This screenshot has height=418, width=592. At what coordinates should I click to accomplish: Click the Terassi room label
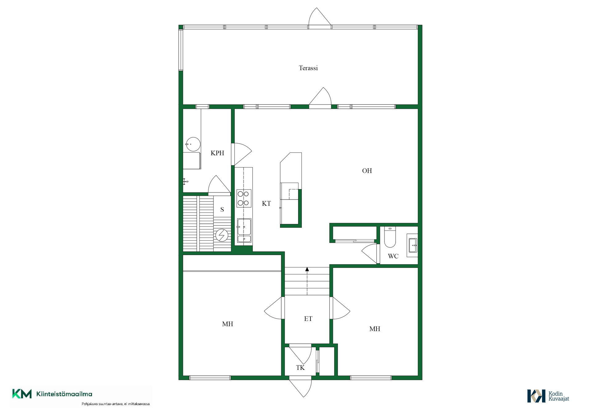(x=308, y=68)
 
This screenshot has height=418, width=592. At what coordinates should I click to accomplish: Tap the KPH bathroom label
(x=217, y=153)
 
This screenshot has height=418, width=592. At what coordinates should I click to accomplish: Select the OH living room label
(x=367, y=171)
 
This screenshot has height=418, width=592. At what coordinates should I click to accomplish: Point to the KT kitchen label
(x=266, y=203)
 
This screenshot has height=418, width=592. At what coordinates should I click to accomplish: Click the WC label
(x=393, y=256)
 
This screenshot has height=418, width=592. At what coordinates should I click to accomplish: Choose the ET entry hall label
(x=308, y=319)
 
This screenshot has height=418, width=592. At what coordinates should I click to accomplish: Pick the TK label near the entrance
(x=300, y=367)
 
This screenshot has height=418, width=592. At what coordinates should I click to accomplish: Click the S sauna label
(x=222, y=209)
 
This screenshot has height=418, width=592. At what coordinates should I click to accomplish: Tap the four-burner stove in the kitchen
(x=244, y=198)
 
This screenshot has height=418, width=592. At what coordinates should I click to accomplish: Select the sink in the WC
(x=413, y=245)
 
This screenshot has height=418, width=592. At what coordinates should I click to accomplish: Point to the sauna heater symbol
(x=222, y=235)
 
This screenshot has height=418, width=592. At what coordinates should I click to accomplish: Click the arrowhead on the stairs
(x=307, y=269)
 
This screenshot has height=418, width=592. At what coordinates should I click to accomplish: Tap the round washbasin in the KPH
(x=193, y=144)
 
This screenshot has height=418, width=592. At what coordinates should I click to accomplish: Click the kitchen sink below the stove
(x=244, y=230)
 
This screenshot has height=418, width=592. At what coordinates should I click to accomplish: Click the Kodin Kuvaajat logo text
(x=559, y=396)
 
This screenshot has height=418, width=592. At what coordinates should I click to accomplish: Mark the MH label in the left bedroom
(x=228, y=324)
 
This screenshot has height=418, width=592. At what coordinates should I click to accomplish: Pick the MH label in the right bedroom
(x=375, y=329)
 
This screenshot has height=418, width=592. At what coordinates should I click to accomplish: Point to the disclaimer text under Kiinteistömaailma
(x=116, y=404)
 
